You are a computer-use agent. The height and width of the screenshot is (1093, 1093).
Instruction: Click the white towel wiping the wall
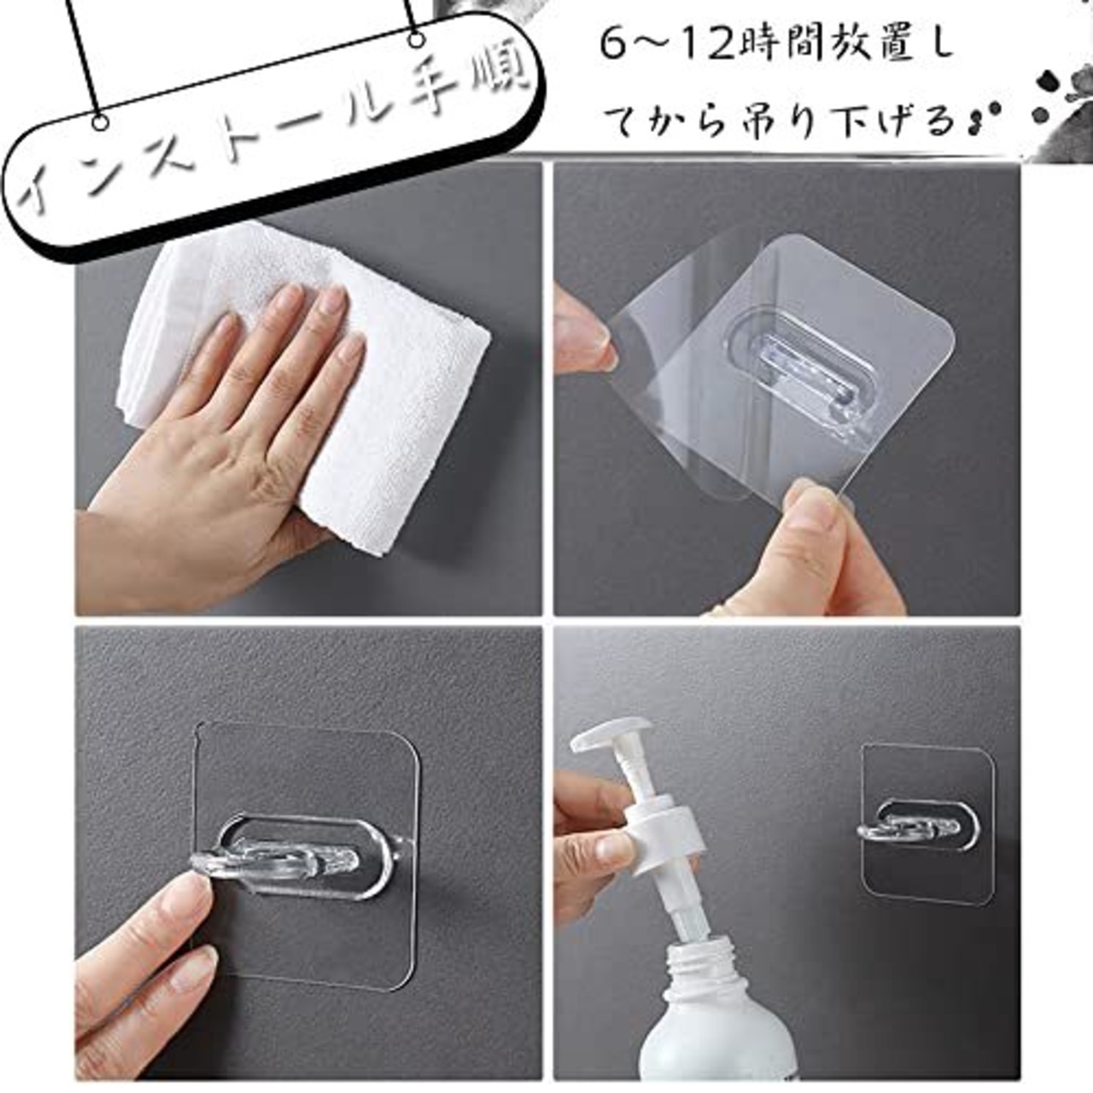point(318,386)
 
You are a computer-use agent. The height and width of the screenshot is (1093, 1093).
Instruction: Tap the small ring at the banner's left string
point(101,120)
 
